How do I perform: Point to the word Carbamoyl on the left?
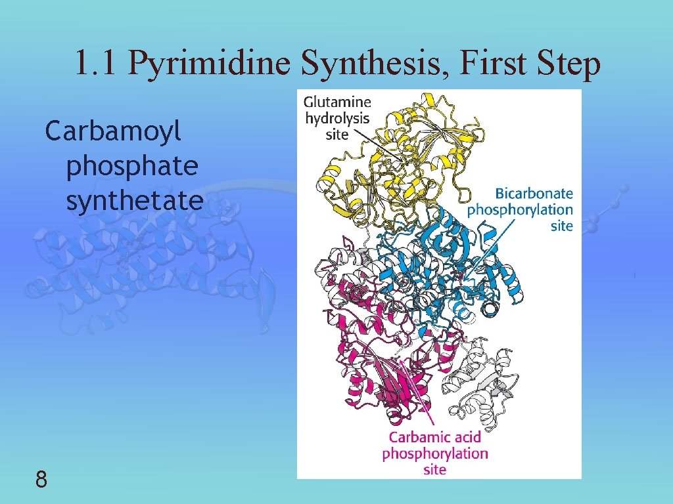tap(112, 133)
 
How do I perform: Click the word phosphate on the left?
tap(131, 166)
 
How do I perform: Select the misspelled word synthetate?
tap(134, 200)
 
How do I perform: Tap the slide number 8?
tap(41, 481)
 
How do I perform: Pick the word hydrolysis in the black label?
tap(337, 119)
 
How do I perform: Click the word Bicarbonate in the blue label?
tap(534, 194)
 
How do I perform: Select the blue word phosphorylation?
tap(520, 210)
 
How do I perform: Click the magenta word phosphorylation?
tap(434, 453)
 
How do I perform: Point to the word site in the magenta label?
tap(434, 469)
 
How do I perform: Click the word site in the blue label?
tap(562, 226)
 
